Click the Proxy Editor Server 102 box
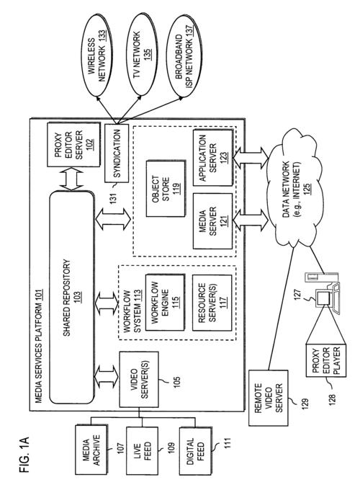[73, 144]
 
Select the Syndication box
[117, 153]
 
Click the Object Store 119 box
[166, 189]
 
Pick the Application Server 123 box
[213, 158]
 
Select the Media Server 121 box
[213, 221]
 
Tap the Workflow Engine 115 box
[165, 303]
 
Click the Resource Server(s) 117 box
[212, 303]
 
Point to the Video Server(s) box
[139, 379]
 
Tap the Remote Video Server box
[269, 398]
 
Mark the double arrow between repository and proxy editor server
[73, 179]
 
